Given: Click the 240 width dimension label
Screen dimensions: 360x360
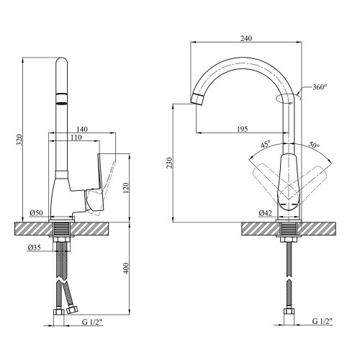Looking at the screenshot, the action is pyautogui.click(x=246, y=38).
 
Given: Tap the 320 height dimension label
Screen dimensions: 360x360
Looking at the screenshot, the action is pyautogui.click(x=19, y=140).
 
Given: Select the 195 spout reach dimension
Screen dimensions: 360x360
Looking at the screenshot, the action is pyautogui.click(x=242, y=129).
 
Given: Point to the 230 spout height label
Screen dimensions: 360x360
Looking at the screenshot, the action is pyautogui.click(x=169, y=163).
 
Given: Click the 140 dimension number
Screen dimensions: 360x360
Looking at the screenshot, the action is pyautogui.click(x=82, y=129).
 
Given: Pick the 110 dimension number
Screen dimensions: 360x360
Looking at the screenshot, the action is pyautogui.click(x=76, y=138).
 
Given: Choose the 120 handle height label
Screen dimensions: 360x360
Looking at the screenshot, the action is pyautogui.click(x=126, y=188).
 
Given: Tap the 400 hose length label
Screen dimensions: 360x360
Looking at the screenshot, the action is pyautogui.click(x=126, y=269).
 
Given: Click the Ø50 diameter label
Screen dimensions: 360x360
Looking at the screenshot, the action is pyautogui.click(x=37, y=213).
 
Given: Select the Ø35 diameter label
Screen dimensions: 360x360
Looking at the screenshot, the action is pyautogui.click(x=34, y=248).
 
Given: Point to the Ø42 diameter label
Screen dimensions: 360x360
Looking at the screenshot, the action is pyautogui.click(x=266, y=213).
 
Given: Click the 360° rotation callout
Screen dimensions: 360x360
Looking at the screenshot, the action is pyautogui.click(x=320, y=87).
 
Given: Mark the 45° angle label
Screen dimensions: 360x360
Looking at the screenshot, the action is pyautogui.click(x=266, y=144).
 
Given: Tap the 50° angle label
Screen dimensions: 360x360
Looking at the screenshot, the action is pyautogui.click(x=314, y=145).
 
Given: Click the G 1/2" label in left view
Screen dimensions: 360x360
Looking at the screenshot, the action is pyautogui.click(x=92, y=322).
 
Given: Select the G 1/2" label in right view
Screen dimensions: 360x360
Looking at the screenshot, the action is pyautogui.click(x=323, y=321).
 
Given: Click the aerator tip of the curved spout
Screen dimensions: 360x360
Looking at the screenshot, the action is pyautogui.click(x=197, y=99).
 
